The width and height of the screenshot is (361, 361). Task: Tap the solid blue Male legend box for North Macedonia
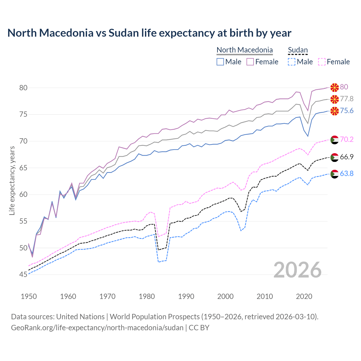click(x=220, y=62)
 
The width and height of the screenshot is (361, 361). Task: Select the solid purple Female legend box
click(x=250, y=62)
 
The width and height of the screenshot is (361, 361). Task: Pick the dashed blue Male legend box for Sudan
click(x=292, y=62)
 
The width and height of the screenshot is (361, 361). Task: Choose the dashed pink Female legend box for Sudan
click(x=322, y=62)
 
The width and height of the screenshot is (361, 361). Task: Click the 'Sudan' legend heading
click(x=298, y=50)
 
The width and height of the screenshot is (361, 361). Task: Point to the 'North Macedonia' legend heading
click(x=245, y=50)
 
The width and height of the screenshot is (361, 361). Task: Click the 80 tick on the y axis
click(x=23, y=88)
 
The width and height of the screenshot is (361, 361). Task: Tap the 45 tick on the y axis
click(x=23, y=275)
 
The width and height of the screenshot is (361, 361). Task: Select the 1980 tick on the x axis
click(x=147, y=296)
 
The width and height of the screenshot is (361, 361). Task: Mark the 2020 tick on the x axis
click(x=304, y=296)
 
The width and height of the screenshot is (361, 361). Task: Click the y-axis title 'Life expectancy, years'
click(x=12, y=180)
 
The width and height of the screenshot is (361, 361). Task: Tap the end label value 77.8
click(x=347, y=99)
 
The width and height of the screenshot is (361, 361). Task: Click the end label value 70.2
click(x=347, y=139)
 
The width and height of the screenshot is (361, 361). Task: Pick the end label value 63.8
click(x=347, y=174)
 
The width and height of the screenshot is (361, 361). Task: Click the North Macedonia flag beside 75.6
click(x=334, y=111)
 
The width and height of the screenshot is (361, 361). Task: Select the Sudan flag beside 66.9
click(x=334, y=157)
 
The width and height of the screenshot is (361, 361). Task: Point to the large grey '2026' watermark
click(x=297, y=270)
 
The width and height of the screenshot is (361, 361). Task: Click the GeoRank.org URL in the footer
click(x=97, y=328)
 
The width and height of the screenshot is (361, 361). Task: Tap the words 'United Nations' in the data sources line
click(x=80, y=317)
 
